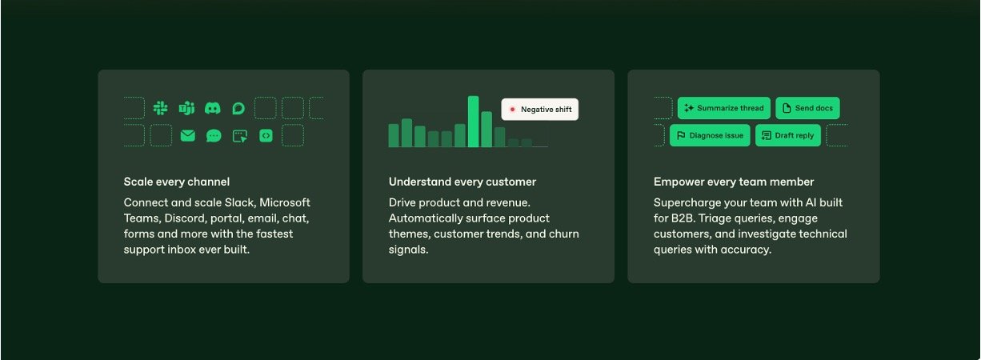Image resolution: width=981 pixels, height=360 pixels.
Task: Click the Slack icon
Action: click(160, 108)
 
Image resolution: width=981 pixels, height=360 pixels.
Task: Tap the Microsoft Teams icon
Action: click(186, 108)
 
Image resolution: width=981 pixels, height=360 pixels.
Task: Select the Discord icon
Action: click(213, 108)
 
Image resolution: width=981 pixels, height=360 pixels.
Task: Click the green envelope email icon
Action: click(188, 136)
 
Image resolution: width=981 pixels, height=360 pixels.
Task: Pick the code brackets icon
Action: click(266, 136)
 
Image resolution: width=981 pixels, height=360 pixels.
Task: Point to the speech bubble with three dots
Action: click(214, 136)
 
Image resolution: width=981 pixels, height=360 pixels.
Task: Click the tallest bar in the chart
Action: click(473, 122)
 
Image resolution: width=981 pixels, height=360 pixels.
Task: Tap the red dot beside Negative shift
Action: click(512, 110)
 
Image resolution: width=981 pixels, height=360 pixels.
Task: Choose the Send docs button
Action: click(807, 108)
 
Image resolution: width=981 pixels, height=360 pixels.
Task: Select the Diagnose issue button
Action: click(710, 135)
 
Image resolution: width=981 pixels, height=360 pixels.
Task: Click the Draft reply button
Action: click(788, 135)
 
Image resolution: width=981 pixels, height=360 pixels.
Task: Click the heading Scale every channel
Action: click(177, 182)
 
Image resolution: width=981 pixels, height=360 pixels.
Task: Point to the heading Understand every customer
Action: click(462, 182)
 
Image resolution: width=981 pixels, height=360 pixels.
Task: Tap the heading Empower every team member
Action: click(734, 182)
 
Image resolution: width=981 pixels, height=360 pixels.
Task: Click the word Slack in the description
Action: click(239, 202)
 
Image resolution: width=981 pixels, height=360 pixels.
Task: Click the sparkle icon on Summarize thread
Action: click(689, 108)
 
